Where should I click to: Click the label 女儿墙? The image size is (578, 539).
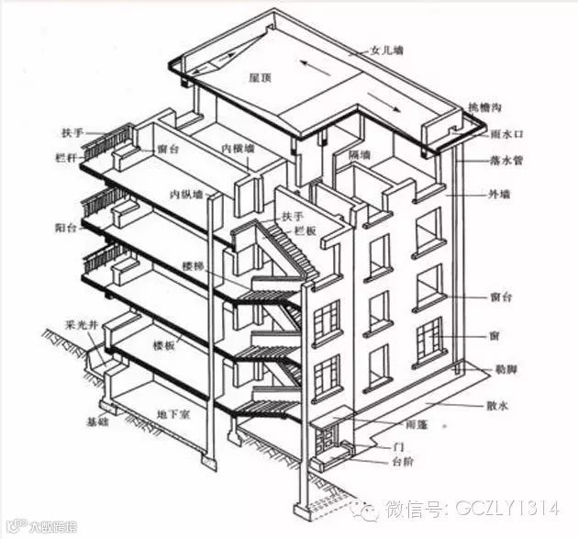tap(386, 51)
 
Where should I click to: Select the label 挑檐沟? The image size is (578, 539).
tap(484, 107)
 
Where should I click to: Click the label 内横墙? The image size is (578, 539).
tap(238, 149)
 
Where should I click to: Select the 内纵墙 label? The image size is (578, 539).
tap(187, 194)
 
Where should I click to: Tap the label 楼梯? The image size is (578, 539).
tap(193, 264)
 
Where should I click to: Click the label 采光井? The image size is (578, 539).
tap(78, 324)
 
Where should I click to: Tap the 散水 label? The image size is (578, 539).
tap(496, 404)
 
